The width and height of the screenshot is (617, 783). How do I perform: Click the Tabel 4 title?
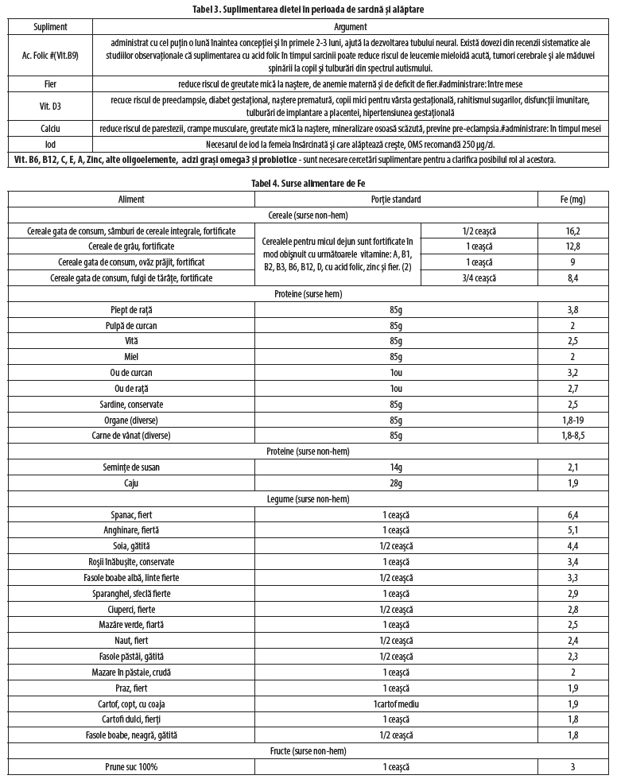click(x=308, y=182)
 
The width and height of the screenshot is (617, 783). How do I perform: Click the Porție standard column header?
click(x=395, y=199)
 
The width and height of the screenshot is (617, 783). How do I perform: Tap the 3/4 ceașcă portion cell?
click(x=478, y=277)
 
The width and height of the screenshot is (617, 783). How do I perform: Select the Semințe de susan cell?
click(x=131, y=467)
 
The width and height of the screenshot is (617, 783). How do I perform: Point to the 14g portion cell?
click(x=395, y=467)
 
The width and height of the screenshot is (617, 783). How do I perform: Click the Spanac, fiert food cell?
click(x=131, y=515)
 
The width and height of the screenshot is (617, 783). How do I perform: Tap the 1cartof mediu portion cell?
click(x=395, y=704)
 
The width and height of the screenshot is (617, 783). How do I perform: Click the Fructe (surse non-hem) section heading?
click(x=308, y=751)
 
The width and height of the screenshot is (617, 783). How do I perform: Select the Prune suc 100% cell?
click(x=131, y=767)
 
